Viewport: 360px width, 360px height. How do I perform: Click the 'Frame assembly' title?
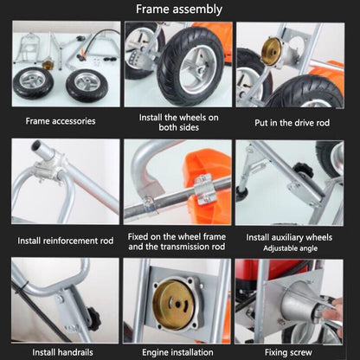click(x=179, y=10)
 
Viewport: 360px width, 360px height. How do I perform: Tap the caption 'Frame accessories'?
click(x=61, y=121)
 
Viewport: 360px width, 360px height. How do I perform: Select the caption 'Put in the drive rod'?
click(x=292, y=123)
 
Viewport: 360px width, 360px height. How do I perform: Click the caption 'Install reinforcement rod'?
click(x=66, y=241)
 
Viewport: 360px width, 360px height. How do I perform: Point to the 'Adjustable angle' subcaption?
click(x=290, y=248)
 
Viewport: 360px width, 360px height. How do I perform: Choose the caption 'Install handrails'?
click(x=62, y=352)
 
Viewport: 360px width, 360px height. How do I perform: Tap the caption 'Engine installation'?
click(x=177, y=352)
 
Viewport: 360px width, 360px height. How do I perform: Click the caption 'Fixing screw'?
click(x=288, y=352)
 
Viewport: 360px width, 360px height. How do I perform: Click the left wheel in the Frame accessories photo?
click(x=33, y=83)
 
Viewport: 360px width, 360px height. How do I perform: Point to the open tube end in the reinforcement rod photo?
click(x=37, y=145)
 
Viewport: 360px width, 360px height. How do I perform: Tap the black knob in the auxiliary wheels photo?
click(x=303, y=170)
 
